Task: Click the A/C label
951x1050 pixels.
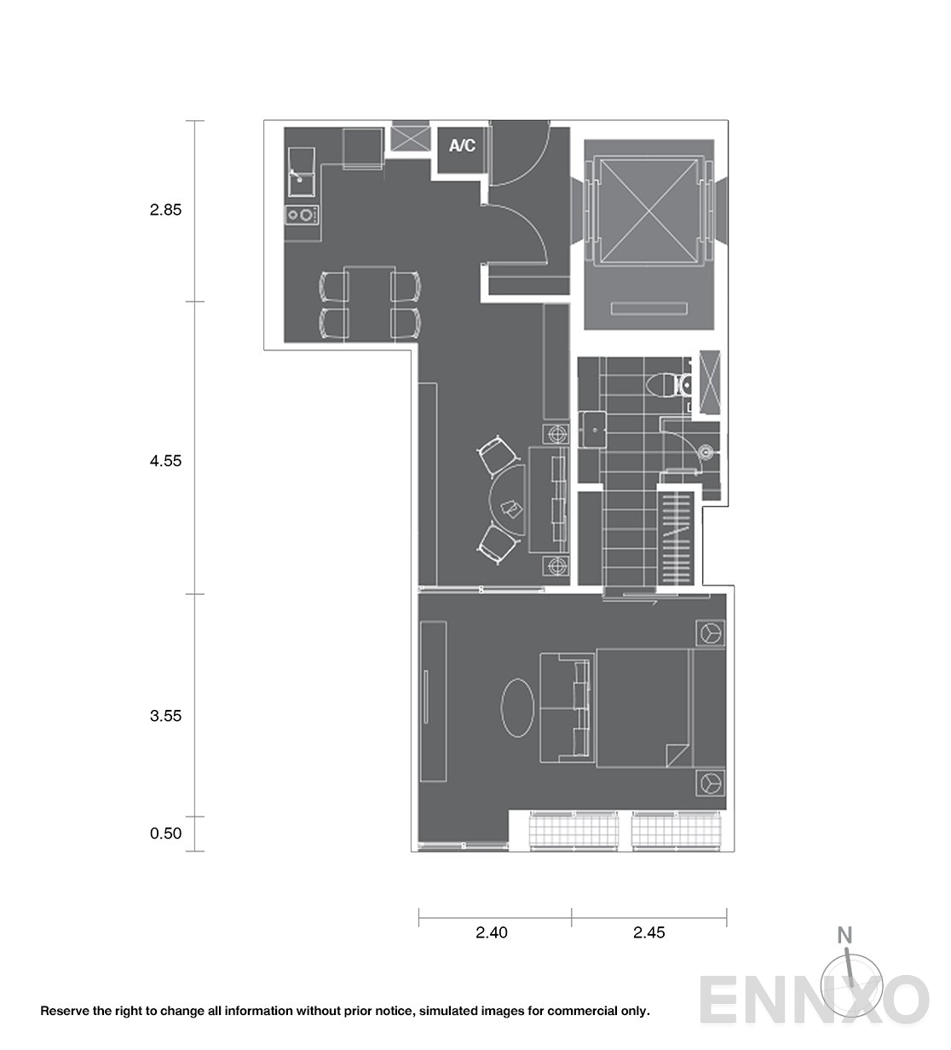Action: coord(462,146)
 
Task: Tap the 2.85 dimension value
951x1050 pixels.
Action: coord(165,210)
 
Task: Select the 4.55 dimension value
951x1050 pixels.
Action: coord(165,461)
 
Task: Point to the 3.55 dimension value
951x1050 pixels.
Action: coord(165,716)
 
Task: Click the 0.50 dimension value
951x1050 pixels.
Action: coord(165,834)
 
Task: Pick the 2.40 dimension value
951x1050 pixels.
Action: coord(492,932)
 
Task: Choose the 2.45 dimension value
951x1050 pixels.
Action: coord(649,932)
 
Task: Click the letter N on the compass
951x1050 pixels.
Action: coord(844,935)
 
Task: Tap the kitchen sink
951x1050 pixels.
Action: coord(302,171)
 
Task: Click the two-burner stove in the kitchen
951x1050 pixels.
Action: coord(302,215)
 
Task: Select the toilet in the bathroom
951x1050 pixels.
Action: coord(668,386)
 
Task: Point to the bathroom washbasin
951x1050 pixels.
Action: coord(592,430)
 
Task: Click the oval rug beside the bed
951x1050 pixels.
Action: coord(517,707)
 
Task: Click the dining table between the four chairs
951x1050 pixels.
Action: coord(370,304)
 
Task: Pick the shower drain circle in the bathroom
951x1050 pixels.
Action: coord(706,452)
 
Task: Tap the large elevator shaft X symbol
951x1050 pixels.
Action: coord(649,211)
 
